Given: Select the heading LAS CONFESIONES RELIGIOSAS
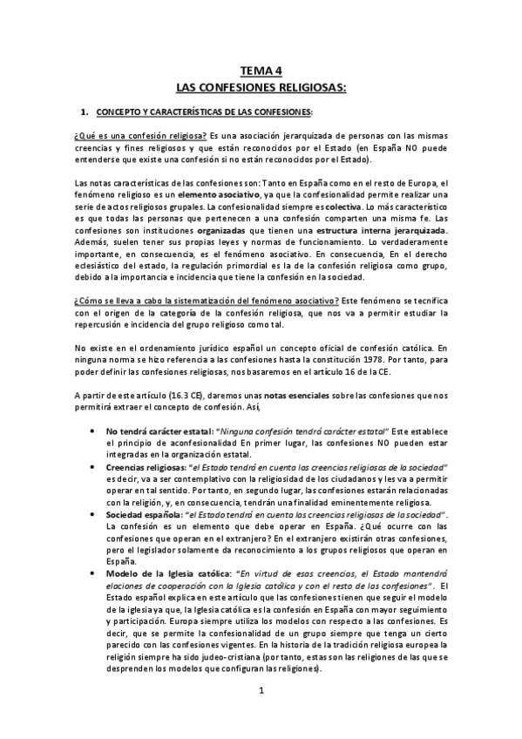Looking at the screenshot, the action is pos(261,88).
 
